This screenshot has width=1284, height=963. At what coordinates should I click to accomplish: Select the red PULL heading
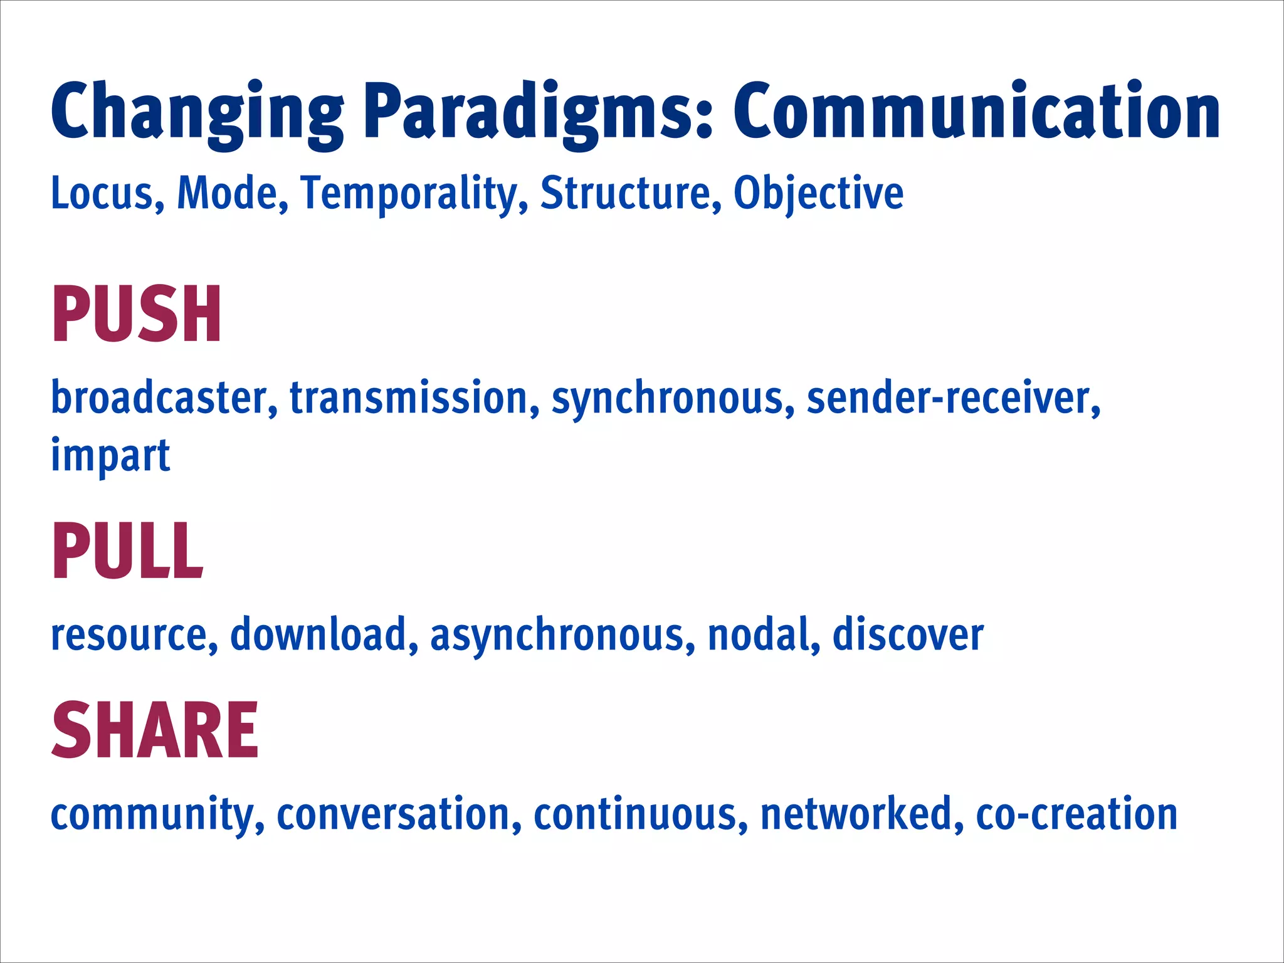127,551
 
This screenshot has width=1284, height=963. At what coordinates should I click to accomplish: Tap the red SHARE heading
155,730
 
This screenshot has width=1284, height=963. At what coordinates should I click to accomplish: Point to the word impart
110,456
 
